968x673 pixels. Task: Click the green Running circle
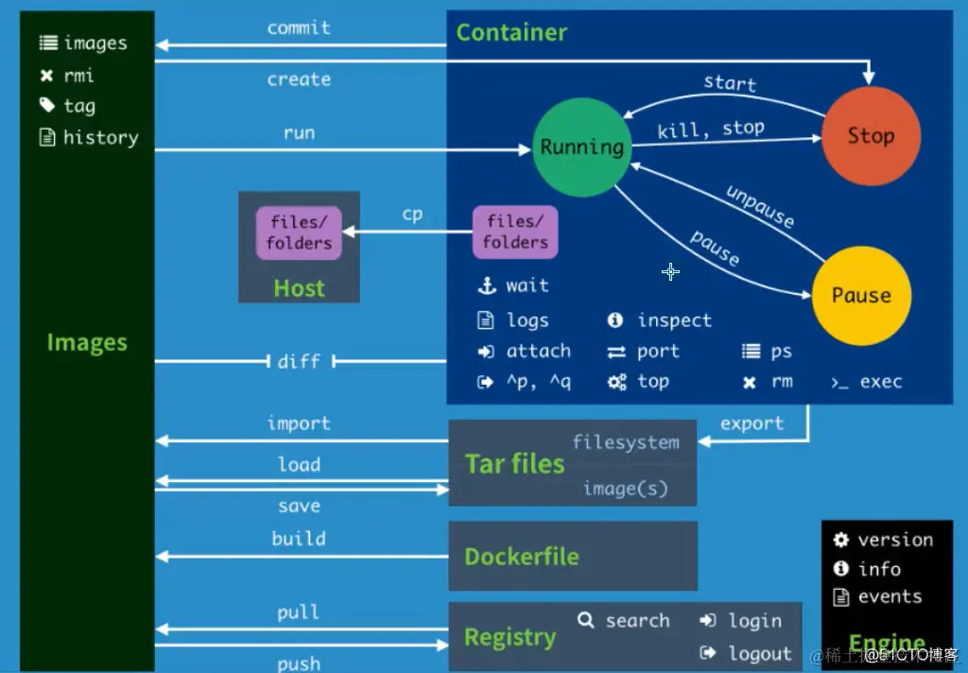click(581, 147)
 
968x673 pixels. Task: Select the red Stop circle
click(870, 136)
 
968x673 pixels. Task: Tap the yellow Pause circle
click(861, 296)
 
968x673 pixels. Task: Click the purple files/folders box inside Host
click(299, 233)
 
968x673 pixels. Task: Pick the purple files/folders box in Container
click(515, 233)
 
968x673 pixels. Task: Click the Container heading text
click(511, 32)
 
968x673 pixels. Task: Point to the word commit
click(299, 27)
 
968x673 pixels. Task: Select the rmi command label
click(78, 76)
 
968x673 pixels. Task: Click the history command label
click(100, 138)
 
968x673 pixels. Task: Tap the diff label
click(299, 361)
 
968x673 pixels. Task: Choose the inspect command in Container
click(673, 320)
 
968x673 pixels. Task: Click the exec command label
click(880, 382)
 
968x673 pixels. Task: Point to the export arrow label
click(752, 423)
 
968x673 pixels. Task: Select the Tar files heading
click(514, 464)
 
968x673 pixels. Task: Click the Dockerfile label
click(521, 557)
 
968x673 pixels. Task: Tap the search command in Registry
click(636, 621)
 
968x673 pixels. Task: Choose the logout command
click(759, 653)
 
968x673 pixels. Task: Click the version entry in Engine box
click(894, 540)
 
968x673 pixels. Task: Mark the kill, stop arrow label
click(711, 129)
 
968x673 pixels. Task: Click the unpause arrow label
click(760, 205)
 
